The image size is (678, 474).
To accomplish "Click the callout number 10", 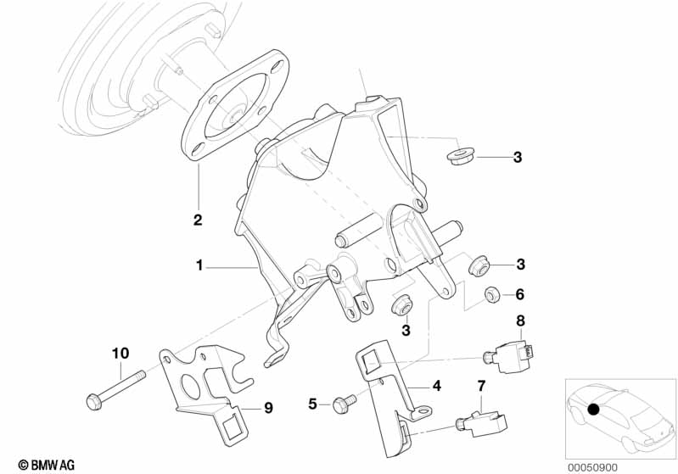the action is [120, 354].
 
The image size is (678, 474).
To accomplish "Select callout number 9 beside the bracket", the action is [268, 408].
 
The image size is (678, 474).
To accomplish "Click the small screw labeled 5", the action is [345, 402].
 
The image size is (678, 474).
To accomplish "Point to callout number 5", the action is [312, 404].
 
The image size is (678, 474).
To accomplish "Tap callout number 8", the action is [520, 321].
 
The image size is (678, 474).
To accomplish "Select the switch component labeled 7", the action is [481, 422].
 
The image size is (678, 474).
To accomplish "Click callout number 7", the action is [481, 386].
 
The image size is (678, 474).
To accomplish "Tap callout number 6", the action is [519, 295].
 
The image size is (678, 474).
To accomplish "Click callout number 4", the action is [437, 386].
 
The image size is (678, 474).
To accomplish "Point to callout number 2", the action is [198, 220].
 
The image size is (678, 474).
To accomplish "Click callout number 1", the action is [199, 265].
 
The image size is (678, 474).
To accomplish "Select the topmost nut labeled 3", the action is [460, 156].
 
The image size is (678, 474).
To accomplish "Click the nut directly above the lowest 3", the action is [401, 304].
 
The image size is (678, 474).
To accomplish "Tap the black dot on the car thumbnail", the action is [594, 409].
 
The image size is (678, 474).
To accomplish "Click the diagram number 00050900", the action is [592, 467].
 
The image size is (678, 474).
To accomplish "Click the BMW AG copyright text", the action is [47, 465].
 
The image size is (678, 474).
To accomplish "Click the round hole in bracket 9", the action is [190, 386].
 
